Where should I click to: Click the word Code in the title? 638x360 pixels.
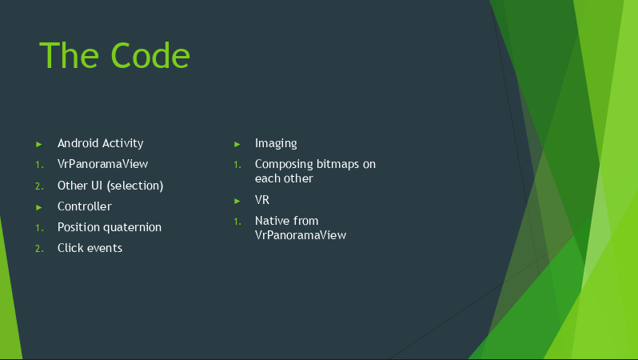150,55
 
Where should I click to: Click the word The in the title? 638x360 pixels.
70,55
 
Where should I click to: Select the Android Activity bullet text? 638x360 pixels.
101,143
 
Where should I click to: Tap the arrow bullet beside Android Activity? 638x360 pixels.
39,144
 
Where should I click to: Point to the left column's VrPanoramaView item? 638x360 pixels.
102,164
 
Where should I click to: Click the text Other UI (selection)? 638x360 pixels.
110,186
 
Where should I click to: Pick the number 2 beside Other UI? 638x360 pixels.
39,186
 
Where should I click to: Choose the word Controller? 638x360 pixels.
85,206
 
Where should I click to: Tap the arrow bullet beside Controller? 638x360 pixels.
39,207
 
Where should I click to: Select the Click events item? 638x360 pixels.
90,248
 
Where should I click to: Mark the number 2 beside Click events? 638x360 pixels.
39,249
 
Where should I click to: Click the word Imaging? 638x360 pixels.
276,143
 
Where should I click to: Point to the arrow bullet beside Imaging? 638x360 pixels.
237,144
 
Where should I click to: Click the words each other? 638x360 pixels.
284,178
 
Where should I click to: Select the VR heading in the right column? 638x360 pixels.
262,200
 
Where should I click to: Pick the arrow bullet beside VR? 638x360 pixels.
237,201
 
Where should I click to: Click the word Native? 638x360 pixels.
272,221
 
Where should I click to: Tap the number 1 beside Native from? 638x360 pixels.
237,222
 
